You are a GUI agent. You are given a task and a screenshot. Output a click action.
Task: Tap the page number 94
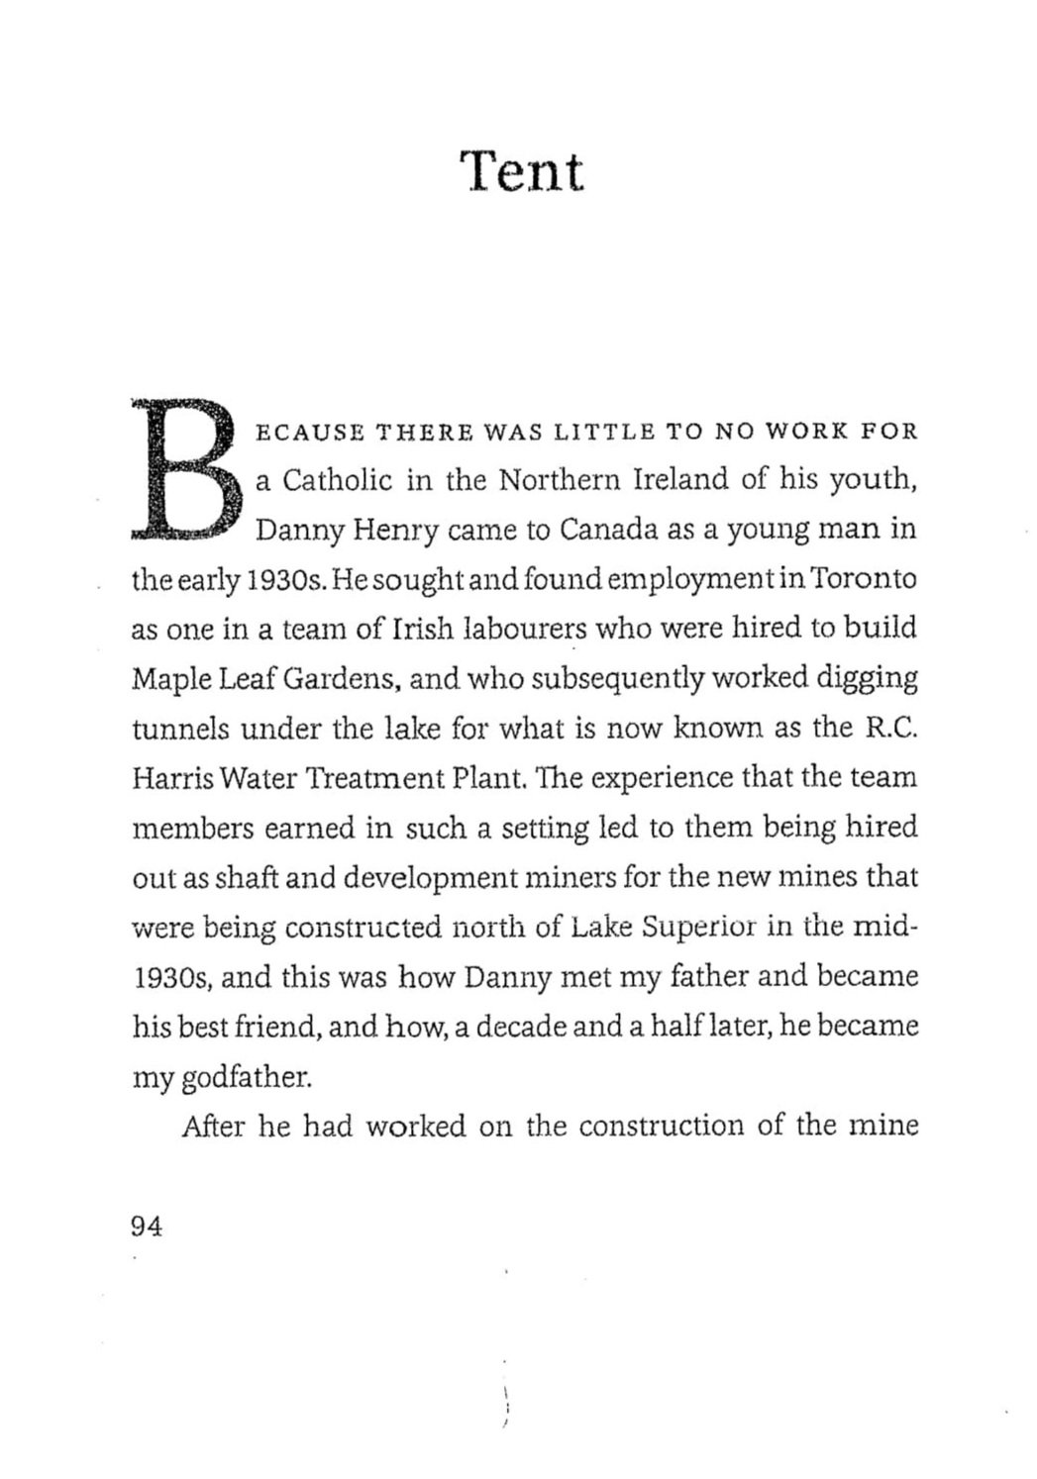point(146,1226)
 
